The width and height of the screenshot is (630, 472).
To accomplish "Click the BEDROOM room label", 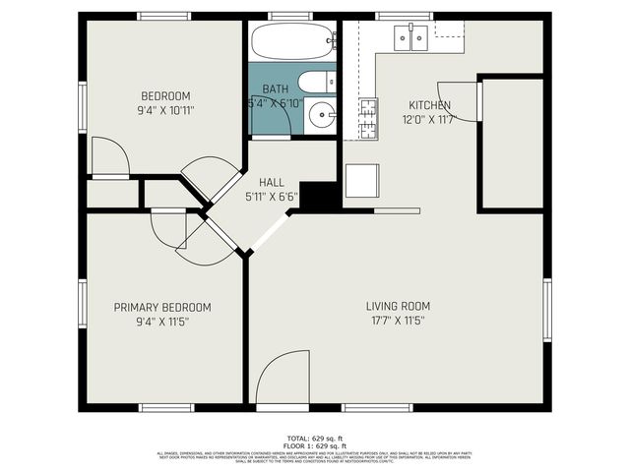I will [165, 95].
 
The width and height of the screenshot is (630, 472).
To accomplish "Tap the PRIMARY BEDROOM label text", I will [162, 307].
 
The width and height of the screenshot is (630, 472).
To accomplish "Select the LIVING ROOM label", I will [400, 306].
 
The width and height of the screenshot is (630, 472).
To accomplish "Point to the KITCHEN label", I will [430, 105].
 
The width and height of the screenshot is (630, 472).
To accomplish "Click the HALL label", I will [271, 183].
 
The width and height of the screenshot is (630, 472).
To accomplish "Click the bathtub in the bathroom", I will [292, 41].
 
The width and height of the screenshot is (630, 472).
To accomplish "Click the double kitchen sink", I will [411, 37].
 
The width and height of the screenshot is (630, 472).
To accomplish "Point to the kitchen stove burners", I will [367, 116].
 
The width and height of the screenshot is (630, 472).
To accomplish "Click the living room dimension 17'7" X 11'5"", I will [400, 321].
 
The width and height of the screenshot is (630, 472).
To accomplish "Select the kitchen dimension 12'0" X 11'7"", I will [430, 118].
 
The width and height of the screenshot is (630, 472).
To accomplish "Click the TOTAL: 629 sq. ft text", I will [315, 437].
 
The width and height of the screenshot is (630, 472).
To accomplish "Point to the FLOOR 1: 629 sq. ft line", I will [315, 444].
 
